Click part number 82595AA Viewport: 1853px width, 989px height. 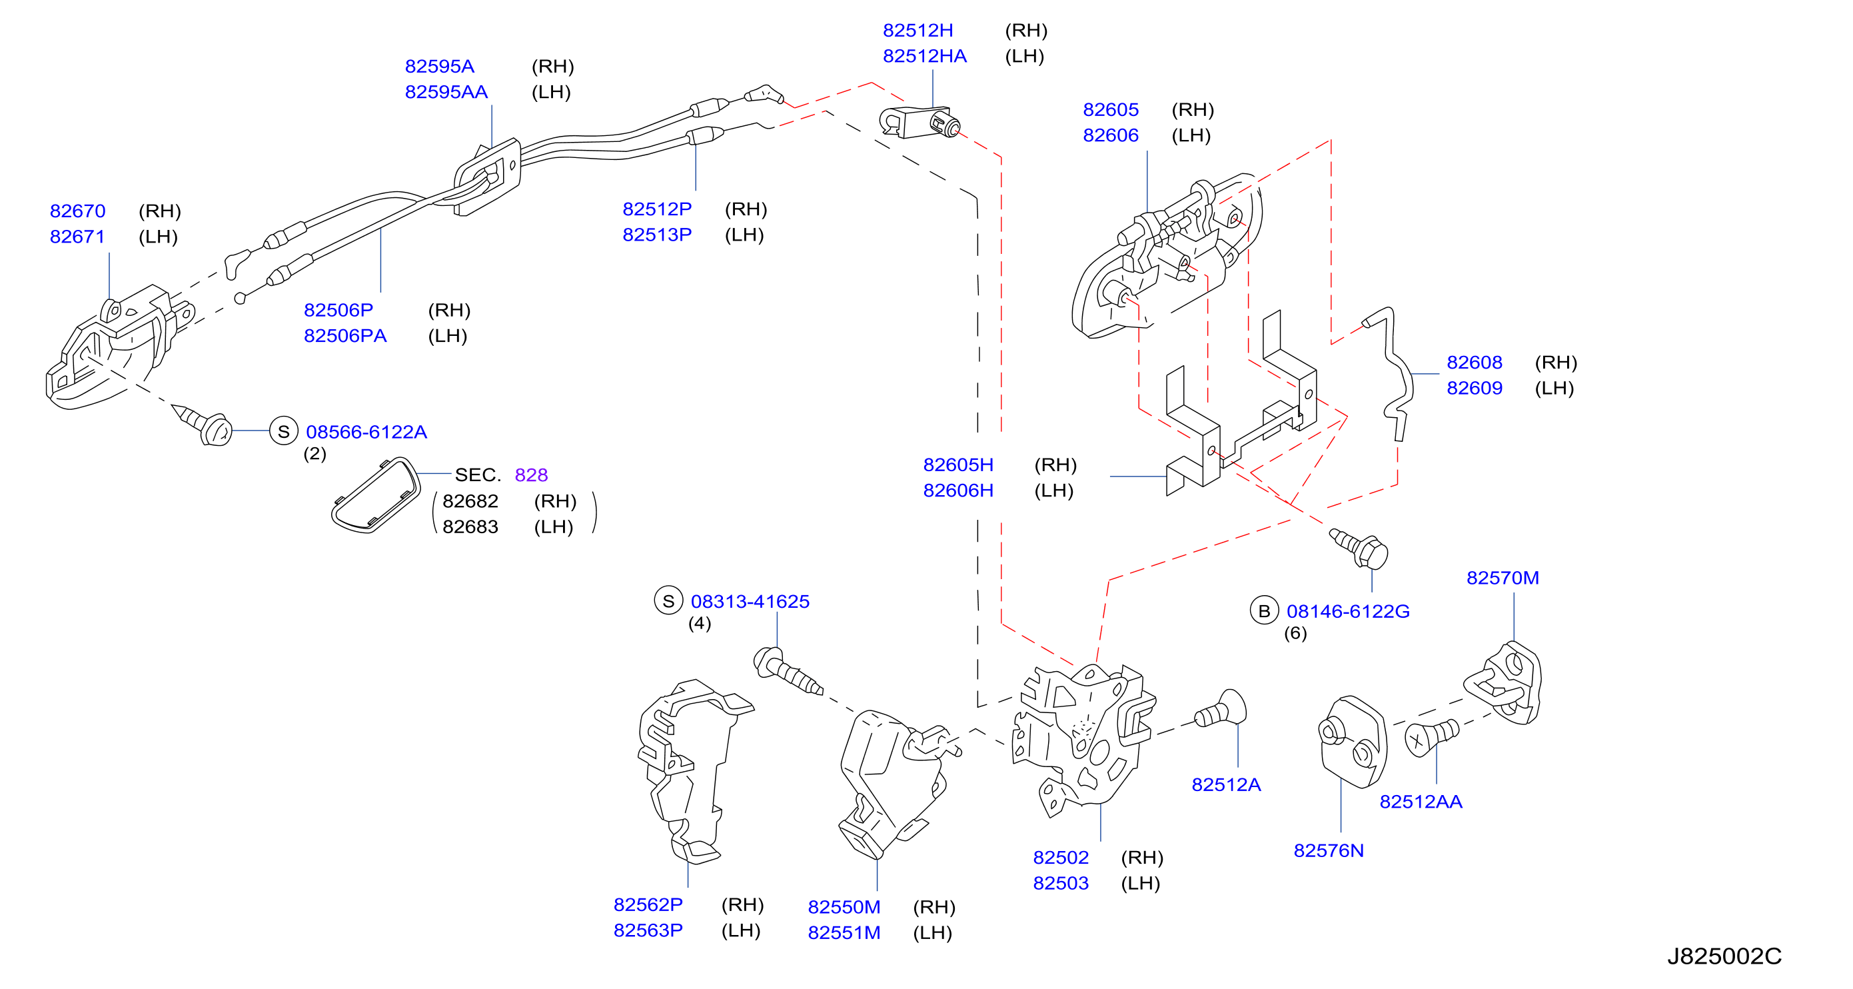446,92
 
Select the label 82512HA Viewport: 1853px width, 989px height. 924,56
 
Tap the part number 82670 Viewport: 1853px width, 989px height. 78,211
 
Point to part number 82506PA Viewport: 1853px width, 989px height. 345,336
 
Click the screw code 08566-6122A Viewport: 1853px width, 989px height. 366,432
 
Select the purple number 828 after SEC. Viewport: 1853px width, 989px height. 532,475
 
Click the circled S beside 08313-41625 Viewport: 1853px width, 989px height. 668,600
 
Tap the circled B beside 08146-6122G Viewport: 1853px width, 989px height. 1264,610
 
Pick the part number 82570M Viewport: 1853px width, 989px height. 1503,578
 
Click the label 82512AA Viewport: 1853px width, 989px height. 1421,801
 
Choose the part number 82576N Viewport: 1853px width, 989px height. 1329,850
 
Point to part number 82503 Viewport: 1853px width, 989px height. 1061,882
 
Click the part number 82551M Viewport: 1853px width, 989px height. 844,932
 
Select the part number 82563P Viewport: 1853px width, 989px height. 648,930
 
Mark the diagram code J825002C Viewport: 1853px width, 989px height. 1724,956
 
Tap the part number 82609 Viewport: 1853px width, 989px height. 1475,388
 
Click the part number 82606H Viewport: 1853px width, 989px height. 958,490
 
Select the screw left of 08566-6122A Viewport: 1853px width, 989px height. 203,425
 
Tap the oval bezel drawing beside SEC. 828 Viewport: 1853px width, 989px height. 376,496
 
